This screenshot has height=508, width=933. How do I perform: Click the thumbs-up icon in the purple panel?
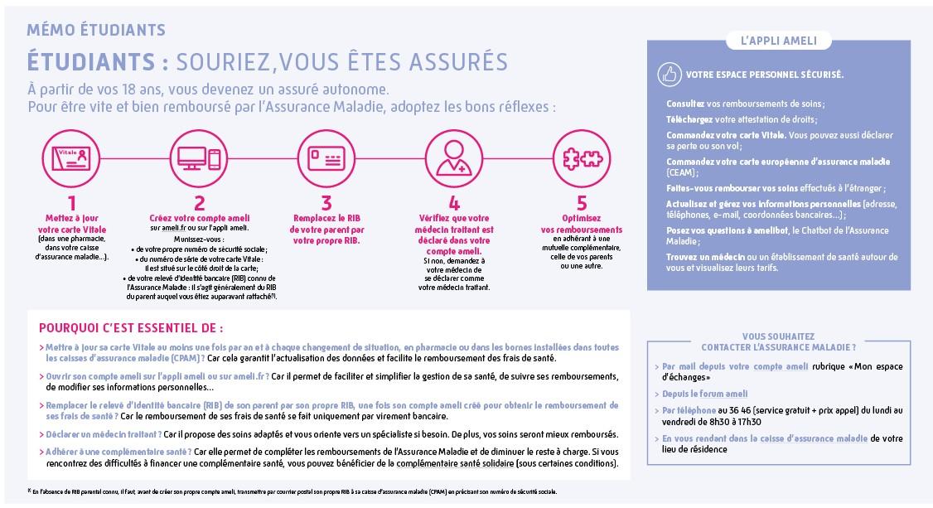(669, 75)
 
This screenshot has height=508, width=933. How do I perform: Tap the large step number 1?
(71, 204)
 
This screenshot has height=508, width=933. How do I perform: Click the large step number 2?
(199, 204)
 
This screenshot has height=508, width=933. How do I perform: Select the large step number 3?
(326, 204)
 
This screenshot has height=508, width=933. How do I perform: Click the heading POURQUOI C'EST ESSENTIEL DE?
(125, 327)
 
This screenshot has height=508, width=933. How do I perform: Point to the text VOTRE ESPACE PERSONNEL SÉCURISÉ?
(765, 75)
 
